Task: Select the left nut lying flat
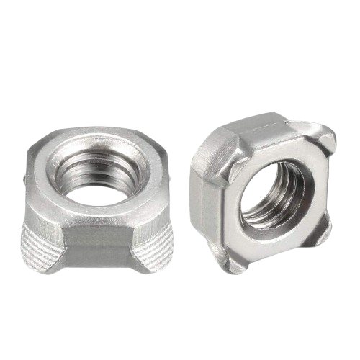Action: click(x=97, y=202)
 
